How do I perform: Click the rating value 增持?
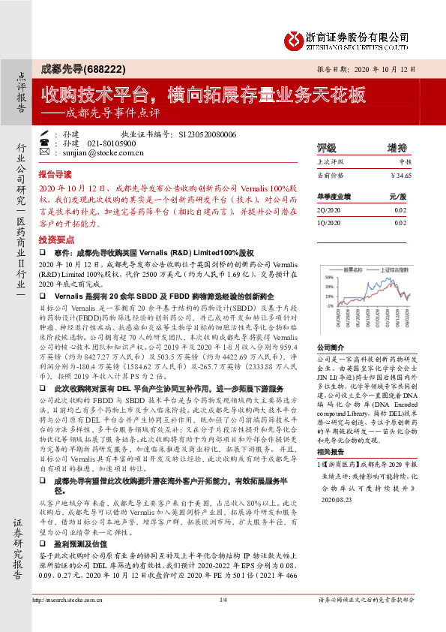click(397, 168)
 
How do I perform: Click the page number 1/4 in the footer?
click(223, 621)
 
